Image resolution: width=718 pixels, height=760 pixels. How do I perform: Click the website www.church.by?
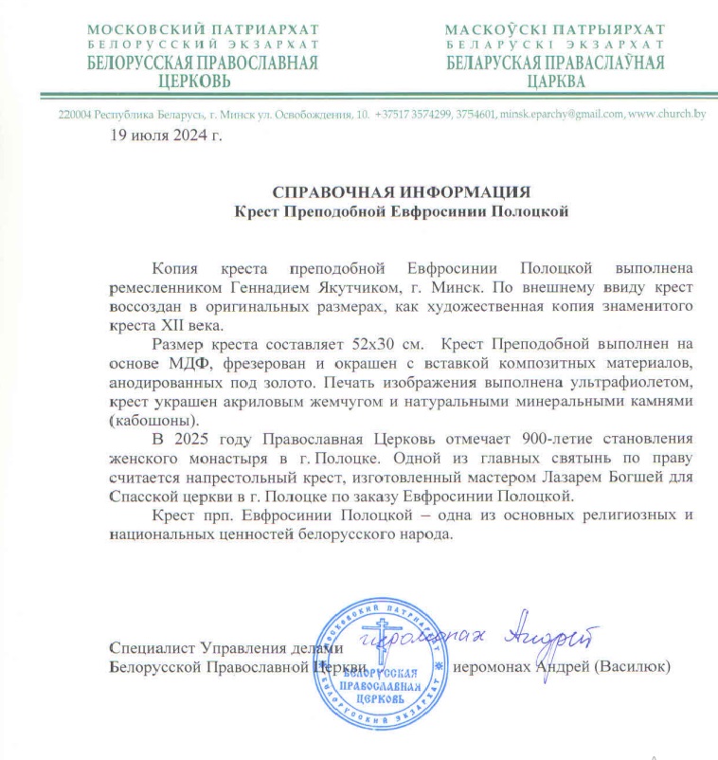click(668, 115)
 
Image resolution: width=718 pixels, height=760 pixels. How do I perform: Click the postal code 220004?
click(75, 115)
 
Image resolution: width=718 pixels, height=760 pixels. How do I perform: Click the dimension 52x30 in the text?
click(327, 372)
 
